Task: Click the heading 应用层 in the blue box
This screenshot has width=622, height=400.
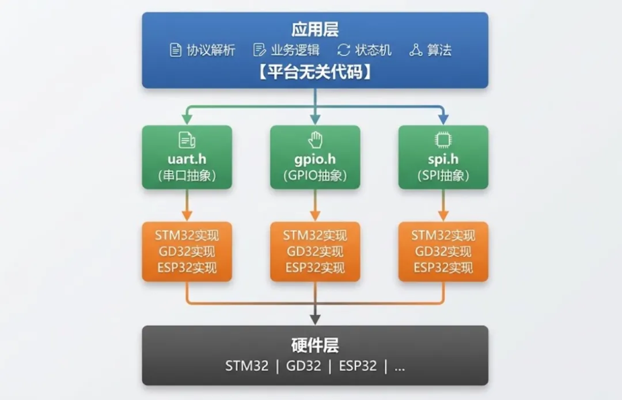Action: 315,29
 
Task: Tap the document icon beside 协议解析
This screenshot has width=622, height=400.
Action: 176,50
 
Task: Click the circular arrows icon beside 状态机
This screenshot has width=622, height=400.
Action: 344,50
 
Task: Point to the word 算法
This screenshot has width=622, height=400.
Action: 439,50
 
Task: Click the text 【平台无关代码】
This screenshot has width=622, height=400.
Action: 314,73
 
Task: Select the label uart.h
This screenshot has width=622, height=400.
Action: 187,159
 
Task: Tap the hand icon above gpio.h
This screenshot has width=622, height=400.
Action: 315,140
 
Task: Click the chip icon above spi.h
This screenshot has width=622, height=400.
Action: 443,140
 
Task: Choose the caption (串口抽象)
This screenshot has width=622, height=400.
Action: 187,176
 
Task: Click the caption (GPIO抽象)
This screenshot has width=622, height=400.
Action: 315,176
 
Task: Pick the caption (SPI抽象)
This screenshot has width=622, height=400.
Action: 443,176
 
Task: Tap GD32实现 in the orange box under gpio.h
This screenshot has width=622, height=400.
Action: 315,252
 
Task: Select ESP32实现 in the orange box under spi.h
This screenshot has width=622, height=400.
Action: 443,268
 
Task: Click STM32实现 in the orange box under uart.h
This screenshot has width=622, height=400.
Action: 187,235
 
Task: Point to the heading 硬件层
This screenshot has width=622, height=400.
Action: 315,345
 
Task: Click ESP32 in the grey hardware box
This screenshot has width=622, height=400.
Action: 357,366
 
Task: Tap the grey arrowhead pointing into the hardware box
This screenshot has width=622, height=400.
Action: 315,318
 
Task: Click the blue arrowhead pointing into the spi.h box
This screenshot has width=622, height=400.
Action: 443,119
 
